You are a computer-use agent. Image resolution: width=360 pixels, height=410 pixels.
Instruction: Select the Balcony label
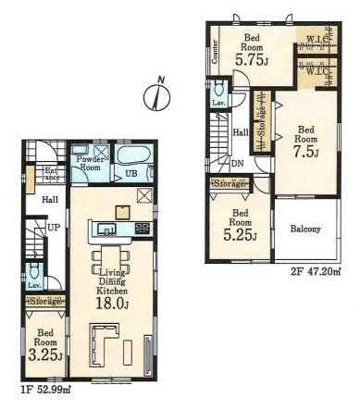click(305, 229)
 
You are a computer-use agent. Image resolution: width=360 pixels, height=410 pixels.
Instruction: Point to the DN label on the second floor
click(237, 164)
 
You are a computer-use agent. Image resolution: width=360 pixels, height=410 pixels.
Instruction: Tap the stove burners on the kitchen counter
click(142, 228)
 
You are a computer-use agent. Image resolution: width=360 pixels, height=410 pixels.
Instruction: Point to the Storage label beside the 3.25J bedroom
click(43, 302)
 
